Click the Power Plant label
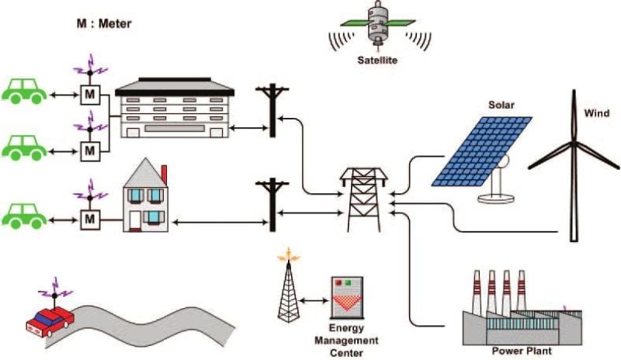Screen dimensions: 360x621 click(521, 351)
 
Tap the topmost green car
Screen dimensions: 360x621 click(25, 91)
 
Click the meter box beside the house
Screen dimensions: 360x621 click(91, 220)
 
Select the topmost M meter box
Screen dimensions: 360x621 click(91, 95)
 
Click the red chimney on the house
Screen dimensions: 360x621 click(164, 173)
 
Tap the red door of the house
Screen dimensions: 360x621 click(136, 221)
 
